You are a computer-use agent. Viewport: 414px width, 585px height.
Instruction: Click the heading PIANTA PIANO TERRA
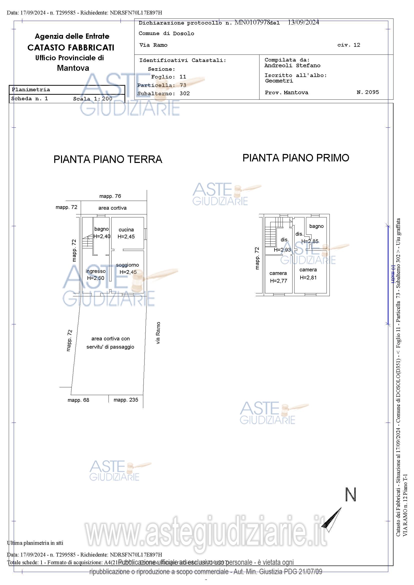107,159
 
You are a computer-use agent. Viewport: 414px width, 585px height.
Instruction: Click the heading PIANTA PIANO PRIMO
295,158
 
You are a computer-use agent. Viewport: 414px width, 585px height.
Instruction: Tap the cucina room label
126,230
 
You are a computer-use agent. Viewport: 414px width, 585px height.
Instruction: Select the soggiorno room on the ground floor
127,265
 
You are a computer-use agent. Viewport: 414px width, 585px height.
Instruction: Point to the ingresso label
95,271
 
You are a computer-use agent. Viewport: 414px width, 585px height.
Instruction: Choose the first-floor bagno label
316,226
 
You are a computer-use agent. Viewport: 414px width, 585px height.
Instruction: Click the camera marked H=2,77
278,273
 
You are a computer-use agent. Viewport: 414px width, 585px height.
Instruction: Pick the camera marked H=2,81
308,270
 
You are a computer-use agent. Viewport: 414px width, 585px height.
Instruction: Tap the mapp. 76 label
110,196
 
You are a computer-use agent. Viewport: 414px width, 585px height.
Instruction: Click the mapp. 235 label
126,400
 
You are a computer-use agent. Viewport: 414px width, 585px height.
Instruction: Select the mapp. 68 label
78,400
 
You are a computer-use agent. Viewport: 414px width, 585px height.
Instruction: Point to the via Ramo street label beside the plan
158,333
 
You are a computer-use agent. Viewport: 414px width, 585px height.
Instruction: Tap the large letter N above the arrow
350,495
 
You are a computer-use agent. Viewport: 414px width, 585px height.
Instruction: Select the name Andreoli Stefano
292,66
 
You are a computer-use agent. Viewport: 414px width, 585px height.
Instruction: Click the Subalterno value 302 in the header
184,93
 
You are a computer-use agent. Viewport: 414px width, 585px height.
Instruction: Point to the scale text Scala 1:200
92,99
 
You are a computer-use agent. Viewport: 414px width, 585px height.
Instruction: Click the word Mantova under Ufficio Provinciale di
73,68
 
